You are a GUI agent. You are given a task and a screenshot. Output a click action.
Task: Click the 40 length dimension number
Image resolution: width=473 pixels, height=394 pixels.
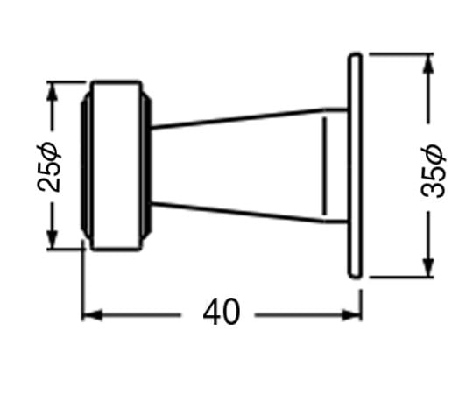(222, 312)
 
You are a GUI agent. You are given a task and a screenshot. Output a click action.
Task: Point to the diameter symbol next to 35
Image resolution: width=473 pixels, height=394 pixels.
(434, 155)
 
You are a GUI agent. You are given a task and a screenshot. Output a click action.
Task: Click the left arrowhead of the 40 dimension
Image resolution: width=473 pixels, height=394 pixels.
(92, 315)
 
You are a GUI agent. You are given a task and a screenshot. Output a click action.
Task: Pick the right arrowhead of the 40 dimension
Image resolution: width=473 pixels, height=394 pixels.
(352, 315)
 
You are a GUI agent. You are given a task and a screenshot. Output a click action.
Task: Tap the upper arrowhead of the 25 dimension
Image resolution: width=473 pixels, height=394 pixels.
(53, 91)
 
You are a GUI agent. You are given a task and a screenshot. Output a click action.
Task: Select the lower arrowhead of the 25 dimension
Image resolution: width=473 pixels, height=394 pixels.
(53, 239)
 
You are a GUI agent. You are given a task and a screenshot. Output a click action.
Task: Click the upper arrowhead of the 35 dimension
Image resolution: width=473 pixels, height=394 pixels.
(428, 63)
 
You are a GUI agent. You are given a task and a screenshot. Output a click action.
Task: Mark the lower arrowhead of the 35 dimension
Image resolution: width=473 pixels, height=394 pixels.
(428, 267)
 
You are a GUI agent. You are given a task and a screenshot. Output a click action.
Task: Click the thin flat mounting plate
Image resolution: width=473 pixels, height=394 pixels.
(355, 165)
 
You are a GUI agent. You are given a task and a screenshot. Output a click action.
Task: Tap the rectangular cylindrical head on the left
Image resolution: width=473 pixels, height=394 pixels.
(116, 165)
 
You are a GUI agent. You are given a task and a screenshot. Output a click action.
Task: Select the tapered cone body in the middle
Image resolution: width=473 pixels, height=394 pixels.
(249, 165)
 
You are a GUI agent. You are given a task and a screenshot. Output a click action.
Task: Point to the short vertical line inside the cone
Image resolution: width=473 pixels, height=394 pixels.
(325, 165)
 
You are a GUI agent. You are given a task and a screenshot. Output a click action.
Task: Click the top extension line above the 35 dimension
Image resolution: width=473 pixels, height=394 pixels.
(401, 54)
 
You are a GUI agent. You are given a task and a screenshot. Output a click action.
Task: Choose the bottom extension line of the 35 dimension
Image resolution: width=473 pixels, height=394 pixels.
(401, 276)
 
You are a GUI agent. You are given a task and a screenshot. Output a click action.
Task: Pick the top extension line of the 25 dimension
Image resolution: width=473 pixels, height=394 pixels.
(67, 81)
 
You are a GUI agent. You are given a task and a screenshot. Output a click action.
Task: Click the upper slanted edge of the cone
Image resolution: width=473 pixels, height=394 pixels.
(237, 118)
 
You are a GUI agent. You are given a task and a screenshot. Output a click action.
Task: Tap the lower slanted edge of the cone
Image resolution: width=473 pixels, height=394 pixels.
(237, 213)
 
